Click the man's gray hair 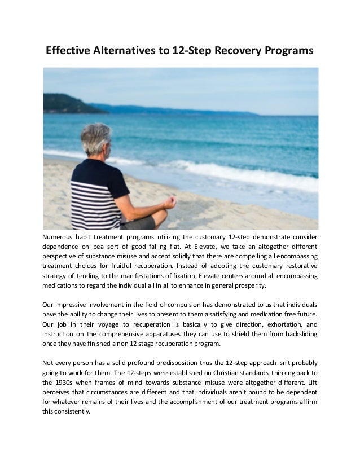[96, 138]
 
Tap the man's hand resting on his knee [169, 202]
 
